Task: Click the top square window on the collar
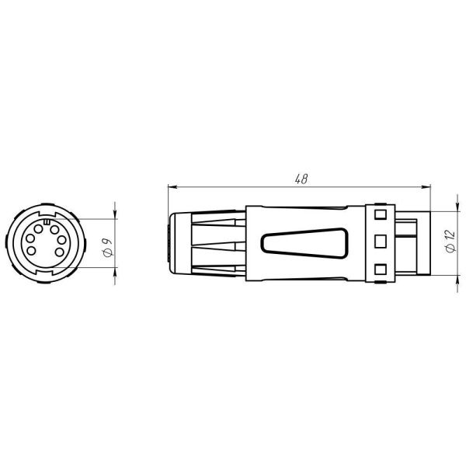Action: point(380,214)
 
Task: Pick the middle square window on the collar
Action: point(380,242)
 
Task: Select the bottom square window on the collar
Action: point(380,269)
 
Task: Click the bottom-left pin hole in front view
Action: point(41,255)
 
